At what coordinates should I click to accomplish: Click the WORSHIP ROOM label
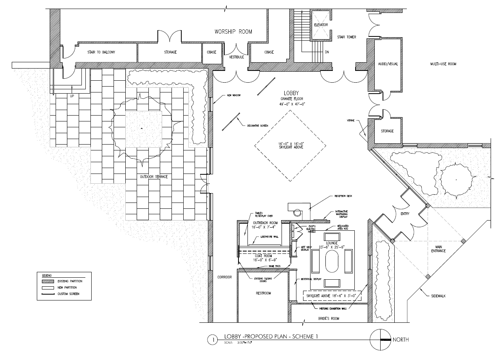(x=233, y=31)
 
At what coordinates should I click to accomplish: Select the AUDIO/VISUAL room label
(x=388, y=64)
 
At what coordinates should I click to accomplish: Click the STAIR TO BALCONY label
(x=101, y=52)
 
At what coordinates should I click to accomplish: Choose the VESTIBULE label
(x=237, y=57)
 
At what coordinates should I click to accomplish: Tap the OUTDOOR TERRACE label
(x=153, y=177)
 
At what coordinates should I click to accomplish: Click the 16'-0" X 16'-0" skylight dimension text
(x=290, y=144)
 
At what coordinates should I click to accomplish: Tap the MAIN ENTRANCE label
(x=438, y=248)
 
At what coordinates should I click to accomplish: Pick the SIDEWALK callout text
(x=438, y=296)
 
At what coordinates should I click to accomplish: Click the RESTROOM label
(x=263, y=293)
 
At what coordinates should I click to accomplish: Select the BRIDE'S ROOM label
(x=328, y=318)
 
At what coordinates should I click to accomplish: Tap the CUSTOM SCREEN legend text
(x=69, y=294)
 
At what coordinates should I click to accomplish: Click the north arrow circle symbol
(x=381, y=339)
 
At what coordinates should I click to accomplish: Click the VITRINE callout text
(x=350, y=120)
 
